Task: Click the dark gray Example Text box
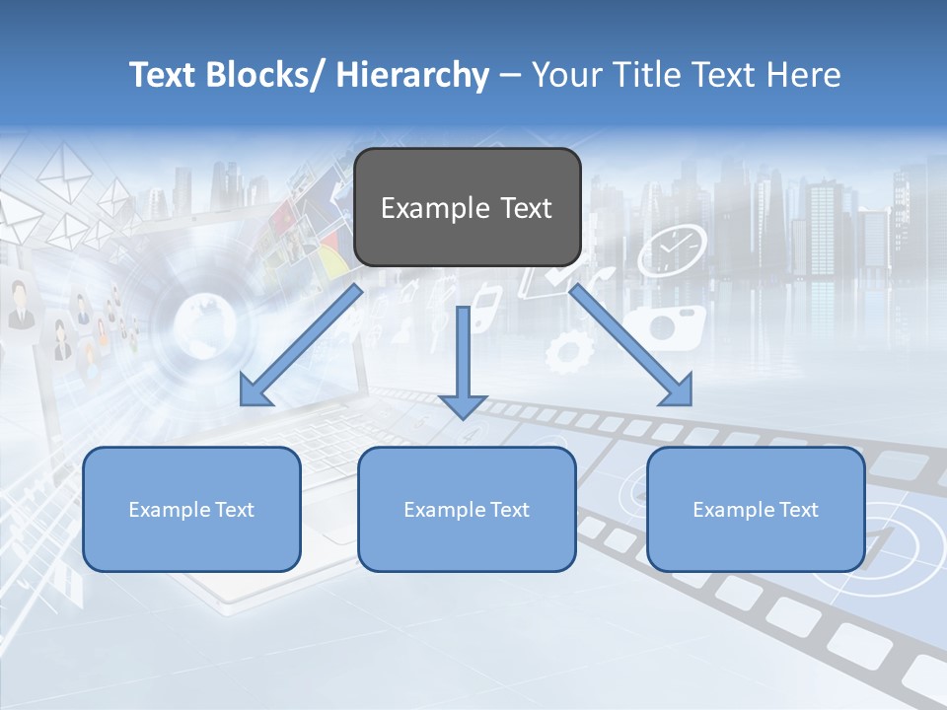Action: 467,207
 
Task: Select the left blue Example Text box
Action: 191,509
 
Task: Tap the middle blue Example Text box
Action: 467,509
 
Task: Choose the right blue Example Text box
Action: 756,509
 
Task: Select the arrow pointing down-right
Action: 631,345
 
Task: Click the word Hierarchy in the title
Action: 411,75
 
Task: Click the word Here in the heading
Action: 803,75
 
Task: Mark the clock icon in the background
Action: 672,250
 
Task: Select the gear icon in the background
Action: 569,351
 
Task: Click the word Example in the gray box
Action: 435,208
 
